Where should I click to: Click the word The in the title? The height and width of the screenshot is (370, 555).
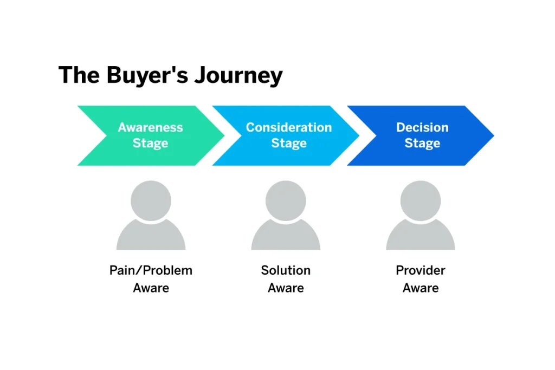[79, 75]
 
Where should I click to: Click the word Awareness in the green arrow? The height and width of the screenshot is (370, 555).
[151, 128]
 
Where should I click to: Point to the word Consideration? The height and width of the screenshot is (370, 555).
[289, 128]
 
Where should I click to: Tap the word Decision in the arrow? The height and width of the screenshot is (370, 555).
[422, 128]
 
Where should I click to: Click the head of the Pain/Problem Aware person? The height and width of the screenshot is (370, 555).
[151, 200]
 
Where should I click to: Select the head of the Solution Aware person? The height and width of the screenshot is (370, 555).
[286, 200]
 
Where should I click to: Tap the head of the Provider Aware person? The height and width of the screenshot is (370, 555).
[421, 200]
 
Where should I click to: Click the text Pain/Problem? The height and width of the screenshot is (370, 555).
[151, 270]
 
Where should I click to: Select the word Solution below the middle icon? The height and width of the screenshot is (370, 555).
[286, 270]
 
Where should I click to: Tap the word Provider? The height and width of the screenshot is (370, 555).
[421, 270]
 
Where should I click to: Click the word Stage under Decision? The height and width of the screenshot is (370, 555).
[422, 144]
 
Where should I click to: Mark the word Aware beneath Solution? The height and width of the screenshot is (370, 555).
[286, 288]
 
